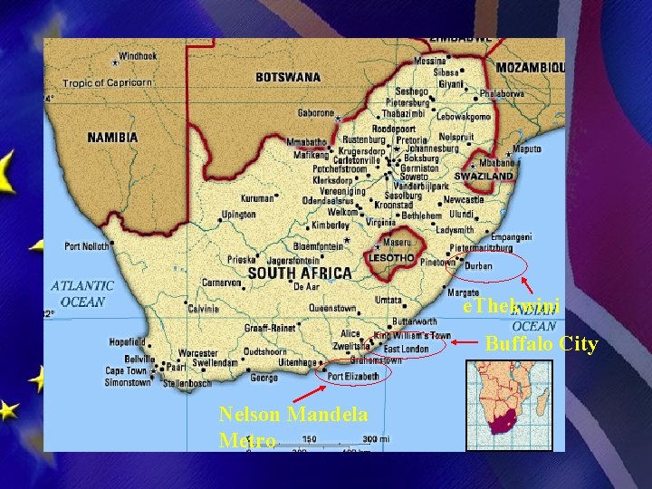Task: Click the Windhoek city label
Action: (x=137, y=55)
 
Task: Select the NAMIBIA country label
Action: (x=112, y=138)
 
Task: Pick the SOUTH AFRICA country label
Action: (x=299, y=273)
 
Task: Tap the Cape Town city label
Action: (x=126, y=370)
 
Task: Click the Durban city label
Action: (x=479, y=266)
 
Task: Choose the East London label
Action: (x=407, y=348)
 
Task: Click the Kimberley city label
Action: (x=331, y=224)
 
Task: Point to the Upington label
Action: (x=239, y=215)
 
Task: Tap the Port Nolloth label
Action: (x=87, y=245)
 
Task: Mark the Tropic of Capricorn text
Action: (x=108, y=82)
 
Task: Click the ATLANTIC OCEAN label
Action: (x=82, y=293)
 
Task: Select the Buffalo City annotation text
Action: (x=541, y=344)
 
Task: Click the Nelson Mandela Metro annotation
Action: (x=292, y=427)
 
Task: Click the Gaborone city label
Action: (x=317, y=113)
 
